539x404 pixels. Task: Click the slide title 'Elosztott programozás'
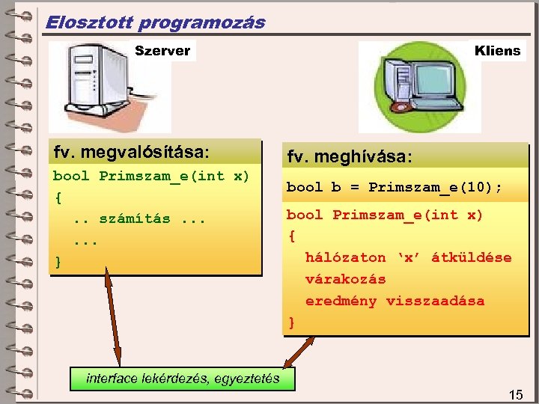click(x=155, y=22)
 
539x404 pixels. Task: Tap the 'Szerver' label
click(x=162, y=51)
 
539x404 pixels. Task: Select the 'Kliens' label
click(x=497, y=51)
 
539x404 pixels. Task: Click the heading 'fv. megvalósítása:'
click(x=132, y=153)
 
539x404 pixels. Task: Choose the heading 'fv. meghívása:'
click(x=349, y=158)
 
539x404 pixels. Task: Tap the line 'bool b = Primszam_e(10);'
click(x=394, y=188)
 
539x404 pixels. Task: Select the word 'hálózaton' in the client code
click(x=345, y=257)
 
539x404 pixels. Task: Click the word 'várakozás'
click(x=345, y=279)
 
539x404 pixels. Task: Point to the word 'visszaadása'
click(x=435, y=301)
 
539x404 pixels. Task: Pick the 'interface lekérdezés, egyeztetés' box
click(x=183, y=379)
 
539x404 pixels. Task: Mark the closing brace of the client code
click(x=291, y=323)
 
